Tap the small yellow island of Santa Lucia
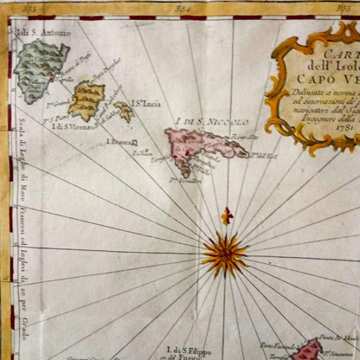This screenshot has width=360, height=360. click(x=125, y=111)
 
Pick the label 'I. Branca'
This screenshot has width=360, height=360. click(x=119, y=142)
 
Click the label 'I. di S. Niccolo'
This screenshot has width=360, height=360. click(x=200, y=122)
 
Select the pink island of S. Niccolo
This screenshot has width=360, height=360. click(x=195, y=145)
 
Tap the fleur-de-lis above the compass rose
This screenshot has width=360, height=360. click(x=227, y=215)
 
